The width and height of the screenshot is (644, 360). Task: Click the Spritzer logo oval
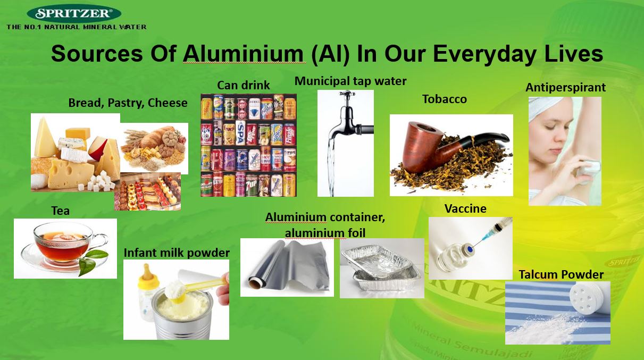(x=74, y=13)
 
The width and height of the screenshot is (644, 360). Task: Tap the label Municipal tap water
(x=350, y=81)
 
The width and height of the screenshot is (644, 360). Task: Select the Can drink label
(x=243, y=85)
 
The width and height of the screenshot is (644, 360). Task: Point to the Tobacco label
(x=445, y=99)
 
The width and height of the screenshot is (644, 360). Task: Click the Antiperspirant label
(x=565, y=88)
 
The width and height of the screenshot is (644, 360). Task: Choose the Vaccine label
(x=465, y=209)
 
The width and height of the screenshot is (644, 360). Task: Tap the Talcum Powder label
(x=561, y=274)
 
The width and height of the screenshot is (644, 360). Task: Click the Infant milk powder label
(x=177, y=253)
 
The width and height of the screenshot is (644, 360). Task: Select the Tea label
(x=61, y=211)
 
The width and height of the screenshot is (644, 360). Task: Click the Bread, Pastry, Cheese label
(x=128, y=103)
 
